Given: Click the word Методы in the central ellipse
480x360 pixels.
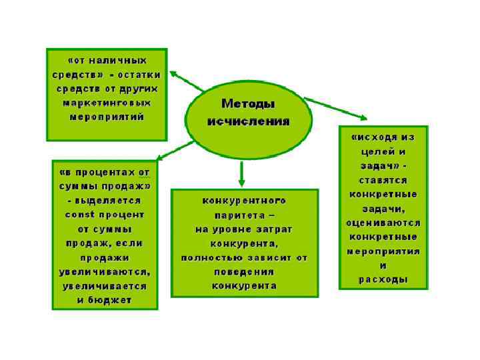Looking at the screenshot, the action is (248, 104).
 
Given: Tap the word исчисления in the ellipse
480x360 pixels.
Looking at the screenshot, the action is (248, 122).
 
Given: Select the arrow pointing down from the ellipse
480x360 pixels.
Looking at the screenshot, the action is (242, 173).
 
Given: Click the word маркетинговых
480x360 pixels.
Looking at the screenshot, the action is (107, 103).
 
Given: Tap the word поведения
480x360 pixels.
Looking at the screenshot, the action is (245, 272).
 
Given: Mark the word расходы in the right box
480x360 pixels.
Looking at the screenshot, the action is (383, 279).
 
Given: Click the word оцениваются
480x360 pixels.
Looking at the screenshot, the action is (383, 223).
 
